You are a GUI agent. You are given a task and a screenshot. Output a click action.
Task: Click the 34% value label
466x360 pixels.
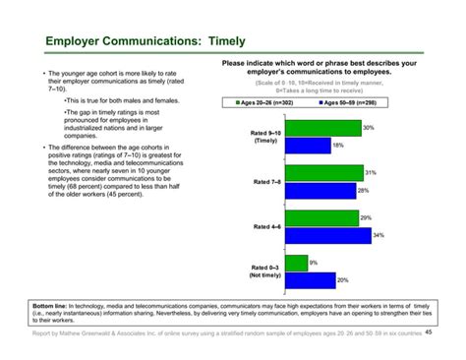point(379,236)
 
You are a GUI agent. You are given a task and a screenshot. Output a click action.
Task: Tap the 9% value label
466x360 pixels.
point(314,262)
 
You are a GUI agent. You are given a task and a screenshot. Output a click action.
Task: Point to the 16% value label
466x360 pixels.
point(338,146)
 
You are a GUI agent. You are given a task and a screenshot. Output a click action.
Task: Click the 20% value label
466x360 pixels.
point(343,280)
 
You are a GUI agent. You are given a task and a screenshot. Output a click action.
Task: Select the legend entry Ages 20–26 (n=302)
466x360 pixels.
point(266,102)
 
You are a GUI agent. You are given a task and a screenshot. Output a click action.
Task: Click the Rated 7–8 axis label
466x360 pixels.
point(266,181)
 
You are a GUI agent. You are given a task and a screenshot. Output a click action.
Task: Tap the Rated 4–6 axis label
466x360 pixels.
point(266,226)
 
